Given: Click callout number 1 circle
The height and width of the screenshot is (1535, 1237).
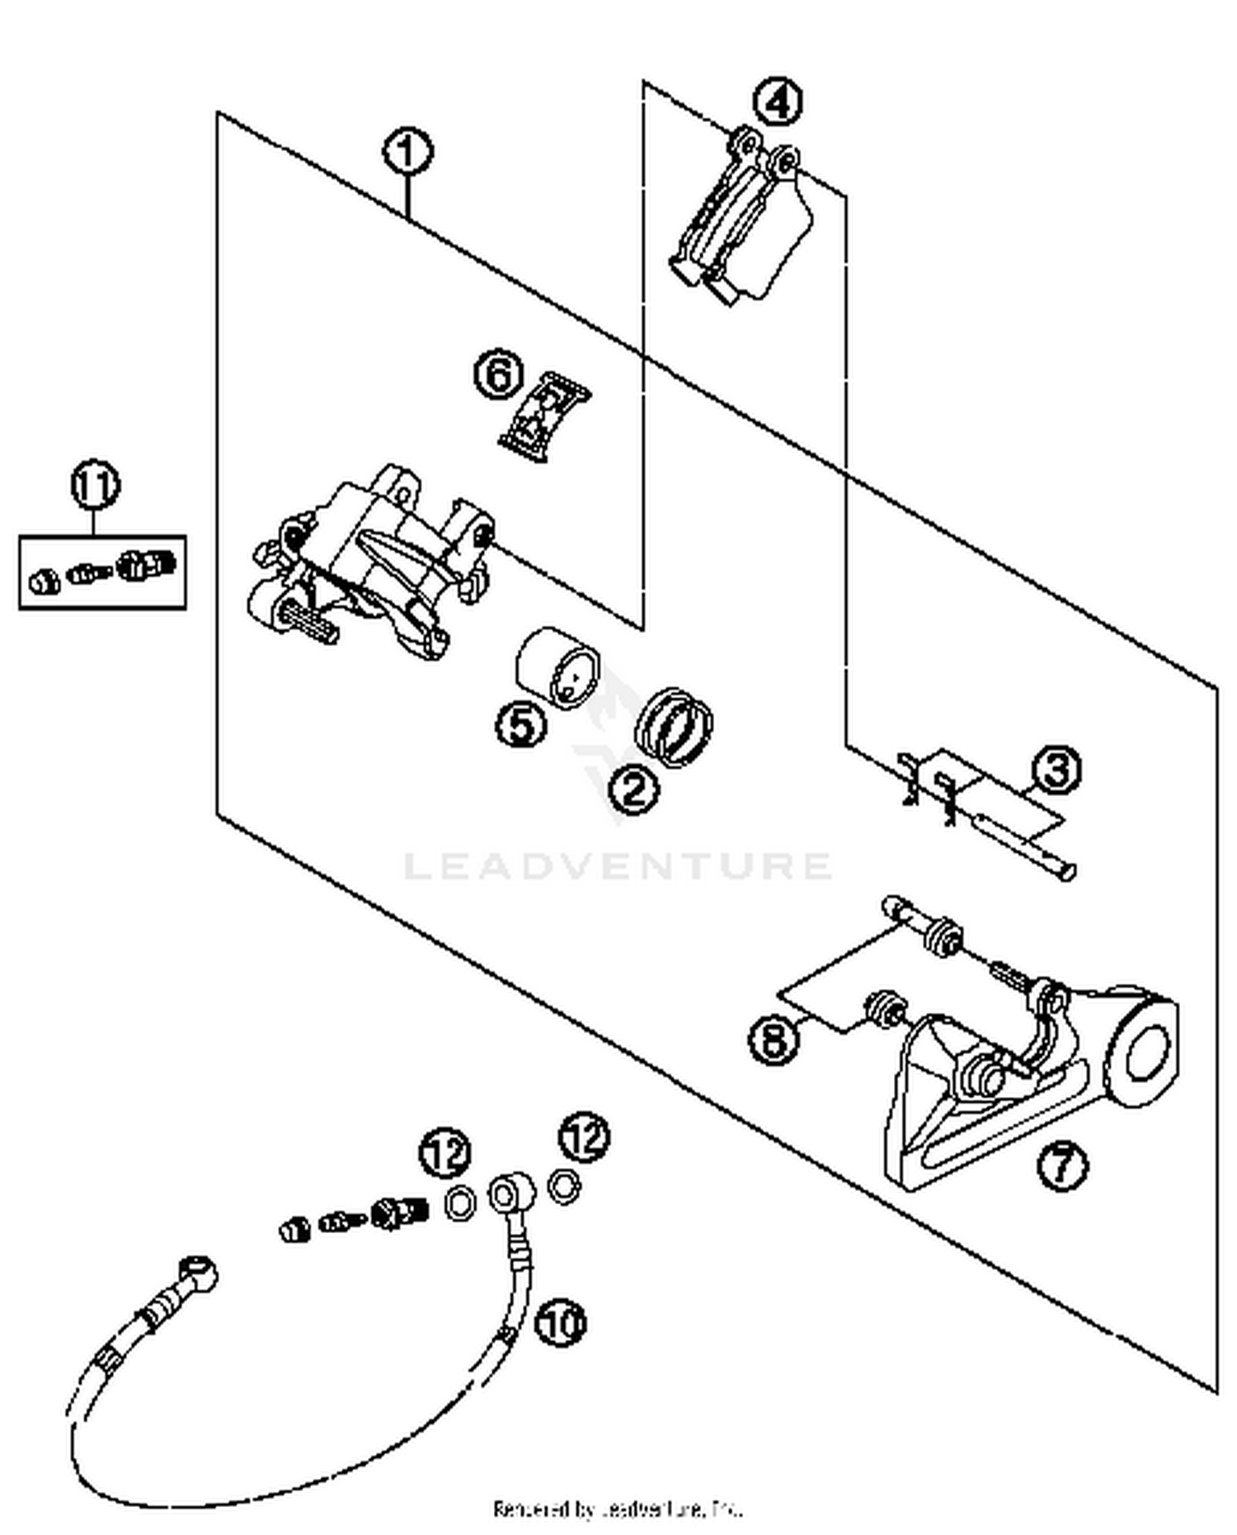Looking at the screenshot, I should [407, 153].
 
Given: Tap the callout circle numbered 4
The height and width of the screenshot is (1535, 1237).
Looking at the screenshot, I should [778, 102].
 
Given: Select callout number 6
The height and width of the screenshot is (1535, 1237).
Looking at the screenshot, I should [499, 376].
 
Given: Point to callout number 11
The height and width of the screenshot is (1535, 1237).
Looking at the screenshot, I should [96, 485].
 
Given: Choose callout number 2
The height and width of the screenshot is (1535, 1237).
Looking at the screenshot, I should [634, 789].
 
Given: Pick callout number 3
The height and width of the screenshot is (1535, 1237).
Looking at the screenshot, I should [1057, 770].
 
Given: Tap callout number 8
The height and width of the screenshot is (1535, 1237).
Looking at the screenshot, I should [774, 1038].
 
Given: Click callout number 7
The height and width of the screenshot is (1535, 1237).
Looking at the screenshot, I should [1061, 1165].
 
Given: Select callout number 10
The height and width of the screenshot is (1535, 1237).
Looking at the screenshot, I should [561, 1322].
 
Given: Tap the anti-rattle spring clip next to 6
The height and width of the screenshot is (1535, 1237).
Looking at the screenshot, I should [545, 416].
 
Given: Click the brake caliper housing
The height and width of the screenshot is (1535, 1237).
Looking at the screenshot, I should [371, 561].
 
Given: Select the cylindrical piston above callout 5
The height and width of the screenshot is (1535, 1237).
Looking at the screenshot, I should [557, 666].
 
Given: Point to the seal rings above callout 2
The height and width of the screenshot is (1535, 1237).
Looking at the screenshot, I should [674, 726].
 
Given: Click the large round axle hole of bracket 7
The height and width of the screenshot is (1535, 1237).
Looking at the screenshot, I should [1147, 1052].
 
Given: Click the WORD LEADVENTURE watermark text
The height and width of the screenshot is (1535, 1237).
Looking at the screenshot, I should [618, 866].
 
